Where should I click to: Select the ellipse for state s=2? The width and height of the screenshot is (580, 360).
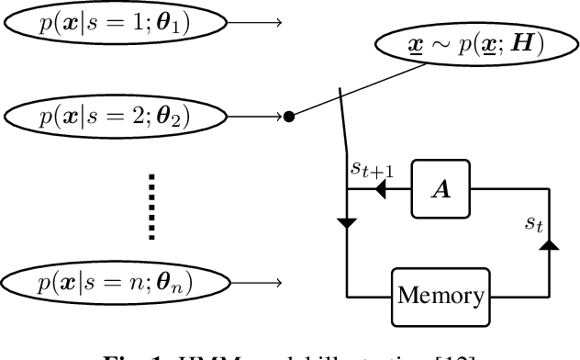(115, 117)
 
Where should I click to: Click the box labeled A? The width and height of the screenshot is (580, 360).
(441, 188)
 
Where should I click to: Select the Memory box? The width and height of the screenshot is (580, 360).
(440, 296)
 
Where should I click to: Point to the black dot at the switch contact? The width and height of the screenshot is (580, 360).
(288, 117)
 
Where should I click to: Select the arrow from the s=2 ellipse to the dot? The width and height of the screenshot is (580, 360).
(256, 117)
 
